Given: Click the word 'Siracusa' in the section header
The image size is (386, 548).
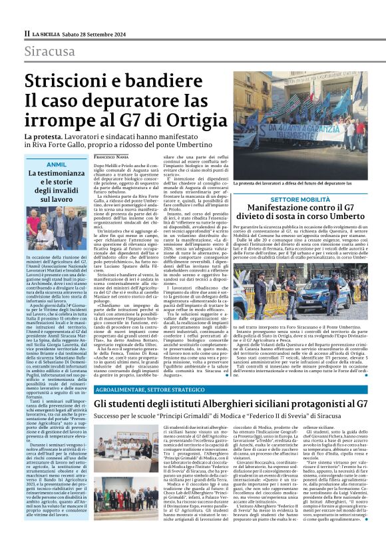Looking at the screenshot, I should pos(51,51).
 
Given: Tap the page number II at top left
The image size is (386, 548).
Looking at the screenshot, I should pos(27,33).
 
